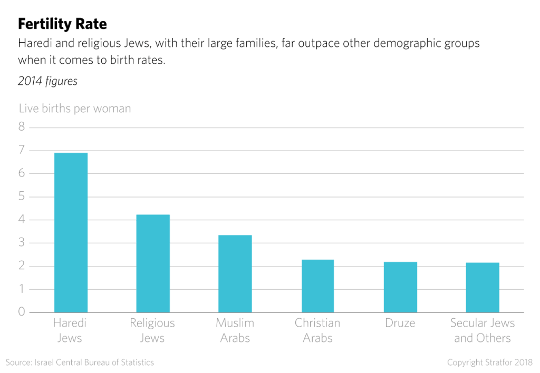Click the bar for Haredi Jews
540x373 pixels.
point(71,232)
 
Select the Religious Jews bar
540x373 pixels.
point(153,263)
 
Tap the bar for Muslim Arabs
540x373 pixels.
point(235,273)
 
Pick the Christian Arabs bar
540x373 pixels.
point(317,286)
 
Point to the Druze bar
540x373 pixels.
point(400,287)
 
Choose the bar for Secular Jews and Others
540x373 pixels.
point(483,287)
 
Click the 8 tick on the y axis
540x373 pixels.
point(22,127)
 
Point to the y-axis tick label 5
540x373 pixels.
point(22,197)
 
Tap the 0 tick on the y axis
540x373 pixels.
point(22,312)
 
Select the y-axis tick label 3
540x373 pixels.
point(22,243)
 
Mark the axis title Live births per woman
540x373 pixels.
point(75,109)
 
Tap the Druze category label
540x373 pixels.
point(400,322)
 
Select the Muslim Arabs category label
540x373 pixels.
point(235,330)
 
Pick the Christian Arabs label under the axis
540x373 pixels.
point(317,330)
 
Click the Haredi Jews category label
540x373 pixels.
point(71,330)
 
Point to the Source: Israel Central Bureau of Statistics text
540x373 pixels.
point(81,362)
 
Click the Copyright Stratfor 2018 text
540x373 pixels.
point(490,362)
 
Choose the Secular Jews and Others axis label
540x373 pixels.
point(483,330)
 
